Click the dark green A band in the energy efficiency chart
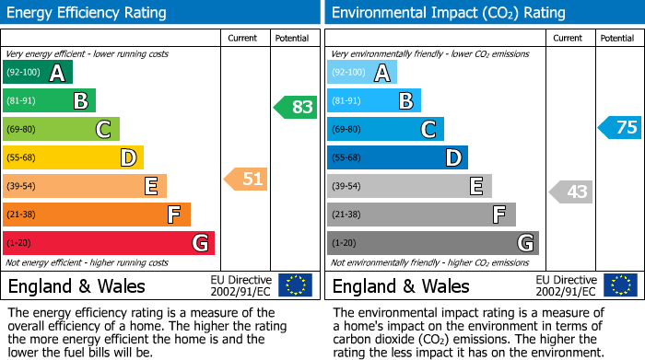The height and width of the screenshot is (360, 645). (x=38, y=73)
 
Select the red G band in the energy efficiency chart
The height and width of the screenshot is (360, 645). (x=109, y=243)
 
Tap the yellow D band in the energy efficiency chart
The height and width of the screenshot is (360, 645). (x=74, y=157)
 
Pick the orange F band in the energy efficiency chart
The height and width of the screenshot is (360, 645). (x=97, y=215)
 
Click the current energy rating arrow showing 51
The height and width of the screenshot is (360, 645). (x=246, y=179)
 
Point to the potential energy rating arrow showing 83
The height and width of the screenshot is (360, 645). (x=296, y=107)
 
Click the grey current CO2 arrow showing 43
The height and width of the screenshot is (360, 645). (x=570, y=192)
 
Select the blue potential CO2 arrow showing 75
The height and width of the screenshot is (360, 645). (x=620, y=127)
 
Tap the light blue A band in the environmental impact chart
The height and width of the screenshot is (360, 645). (x=362, y=73)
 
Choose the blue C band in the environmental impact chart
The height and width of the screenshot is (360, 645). (x=385, y=129)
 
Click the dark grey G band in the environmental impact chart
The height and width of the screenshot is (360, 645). (x=433, y=243)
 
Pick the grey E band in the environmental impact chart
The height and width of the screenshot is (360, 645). (x=409, y=186)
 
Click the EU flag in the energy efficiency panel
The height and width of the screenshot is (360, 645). (x=296, y=285)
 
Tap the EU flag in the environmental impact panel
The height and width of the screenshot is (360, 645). (x=620, y=285)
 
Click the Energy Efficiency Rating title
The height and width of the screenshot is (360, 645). (x=88, y=13)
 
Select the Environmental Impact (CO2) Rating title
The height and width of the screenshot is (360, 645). (x=448, y=13)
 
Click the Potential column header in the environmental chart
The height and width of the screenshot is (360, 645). (x=617, y=38)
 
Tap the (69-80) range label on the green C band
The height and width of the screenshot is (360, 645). (x=22, y=130)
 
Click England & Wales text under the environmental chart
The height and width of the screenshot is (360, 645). (x=401, y=285)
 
